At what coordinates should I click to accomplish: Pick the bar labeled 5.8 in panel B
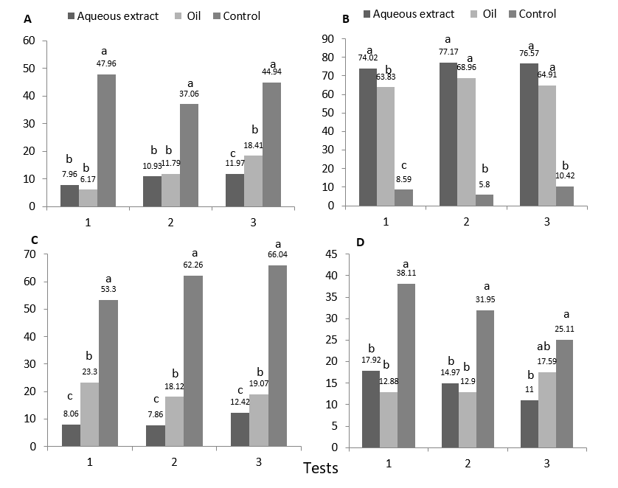click(485, 201)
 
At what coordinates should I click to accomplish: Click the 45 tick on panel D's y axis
click(330, 254)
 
